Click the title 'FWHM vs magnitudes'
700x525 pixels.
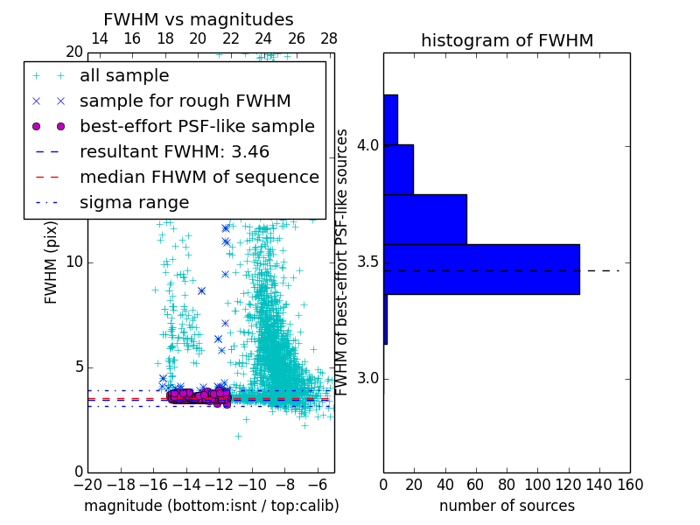click(198, 19)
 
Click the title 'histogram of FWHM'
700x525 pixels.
click(507, 40)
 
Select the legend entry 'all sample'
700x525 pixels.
click(124, 76)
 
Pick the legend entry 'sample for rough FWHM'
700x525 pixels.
click(185, 101)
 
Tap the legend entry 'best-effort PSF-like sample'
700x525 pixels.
click(197, 126)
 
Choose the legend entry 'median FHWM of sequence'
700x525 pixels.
click(199, 177)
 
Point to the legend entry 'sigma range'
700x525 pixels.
click(134, 202)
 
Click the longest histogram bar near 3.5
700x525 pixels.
click(481, 269)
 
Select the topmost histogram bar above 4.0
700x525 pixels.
click(390, 119)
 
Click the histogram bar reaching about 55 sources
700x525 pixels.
click(424, 219)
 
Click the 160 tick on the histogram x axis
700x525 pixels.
click(630, 484)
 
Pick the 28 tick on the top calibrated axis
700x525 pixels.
click(329, 38)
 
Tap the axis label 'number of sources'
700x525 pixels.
click(507, 506)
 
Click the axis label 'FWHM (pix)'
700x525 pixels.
click(52, 263)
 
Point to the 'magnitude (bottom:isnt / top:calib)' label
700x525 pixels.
click(211, 506)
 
